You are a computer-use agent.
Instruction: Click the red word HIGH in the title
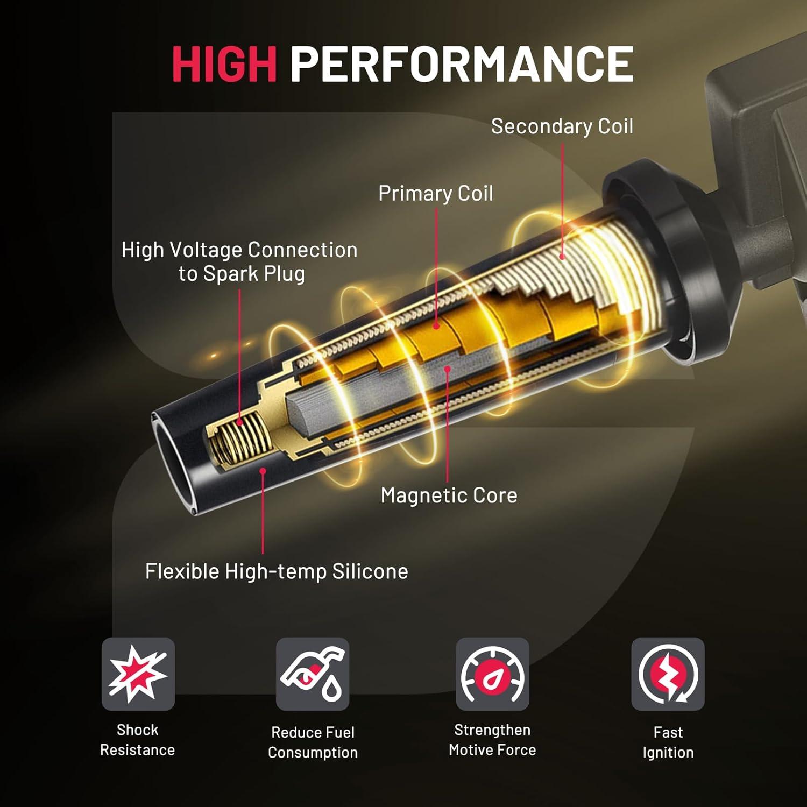(x=224, y=63)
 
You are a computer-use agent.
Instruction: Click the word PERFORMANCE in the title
(x=462, y=63)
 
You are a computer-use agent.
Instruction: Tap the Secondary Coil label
(x=562, y=126)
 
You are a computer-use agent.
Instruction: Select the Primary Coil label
(x=435, y=194)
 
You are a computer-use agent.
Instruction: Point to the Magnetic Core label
(x=449, y=495)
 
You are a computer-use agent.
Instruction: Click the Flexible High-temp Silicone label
(x=277, y=571)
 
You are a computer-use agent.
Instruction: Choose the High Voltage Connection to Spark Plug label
(x=239, y=261)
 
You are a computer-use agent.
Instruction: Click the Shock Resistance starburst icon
(x=138, y=674)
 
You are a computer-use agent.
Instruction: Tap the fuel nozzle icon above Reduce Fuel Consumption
(x=313, y=674)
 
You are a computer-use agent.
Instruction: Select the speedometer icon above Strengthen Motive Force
(x=492, y=674)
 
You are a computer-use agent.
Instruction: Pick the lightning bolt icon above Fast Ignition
(x=668, y=674)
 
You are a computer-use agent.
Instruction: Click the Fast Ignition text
(x=668, y=742)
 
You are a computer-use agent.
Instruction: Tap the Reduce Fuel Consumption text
(x=313, y=742)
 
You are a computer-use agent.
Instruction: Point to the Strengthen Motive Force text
(x=492, y=740)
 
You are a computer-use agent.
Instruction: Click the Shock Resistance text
(x=138, y=740)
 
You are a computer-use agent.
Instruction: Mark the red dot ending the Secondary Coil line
(x=563, y=257)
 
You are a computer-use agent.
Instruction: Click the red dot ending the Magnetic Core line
(x=447, y=369)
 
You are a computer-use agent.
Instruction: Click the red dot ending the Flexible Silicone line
(x=263, y=471)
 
